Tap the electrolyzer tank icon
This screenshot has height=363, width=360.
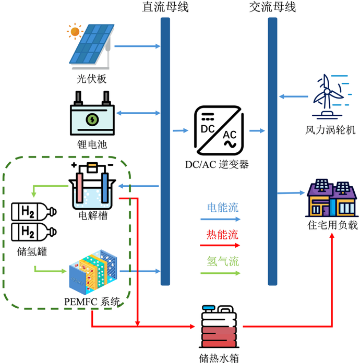coord(92,187)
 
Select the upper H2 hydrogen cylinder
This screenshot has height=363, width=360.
coord(32,211)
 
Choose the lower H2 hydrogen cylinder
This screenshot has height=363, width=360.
coord(32,231)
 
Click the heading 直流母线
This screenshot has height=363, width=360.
coord(165,8)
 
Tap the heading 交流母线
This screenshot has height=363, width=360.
coord(273,8)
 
